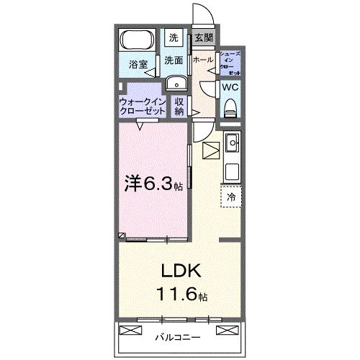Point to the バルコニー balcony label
pyautogui.click(x=178, y=336)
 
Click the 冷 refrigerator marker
pyautogui.click(x=231, y=196)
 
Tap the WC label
pyautogui.click(x=230, y=87)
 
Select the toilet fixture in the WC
pyautogui.click(x=230, y=109)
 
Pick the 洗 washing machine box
pyautogui.click(x=174, y=37)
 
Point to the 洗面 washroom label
pyautogui.click(x=174, y=61)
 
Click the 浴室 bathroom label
pyautogui.click(x=138, y=65)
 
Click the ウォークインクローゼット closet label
pyautogui.click(x=143, y=107)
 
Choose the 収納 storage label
pyautogui.click(x=179, y=107)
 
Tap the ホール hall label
pyautogui.click(x=203, y=60)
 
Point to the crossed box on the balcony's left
pyautogui.click(x=130, y=331)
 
